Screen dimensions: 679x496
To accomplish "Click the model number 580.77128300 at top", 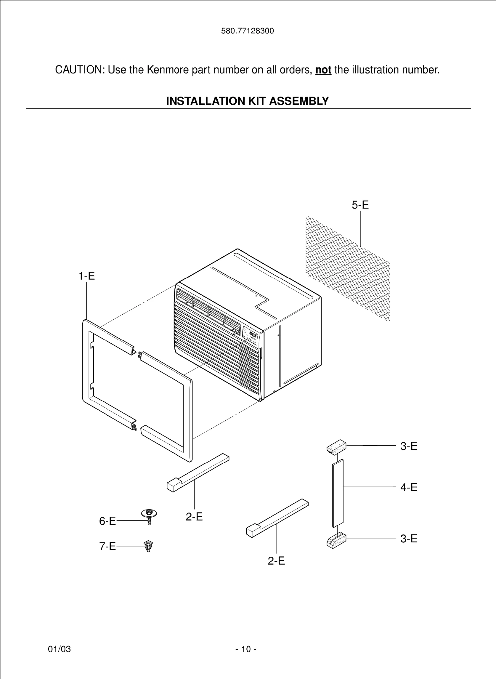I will (x=248, y=31).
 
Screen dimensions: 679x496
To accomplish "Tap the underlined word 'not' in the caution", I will (x=323, y=70).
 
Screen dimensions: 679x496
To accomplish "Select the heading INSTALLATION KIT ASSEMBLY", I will (x=247, y=101).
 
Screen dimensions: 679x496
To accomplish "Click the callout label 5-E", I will (x=360, y=205).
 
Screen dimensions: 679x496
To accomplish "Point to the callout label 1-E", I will (x=86, y=276).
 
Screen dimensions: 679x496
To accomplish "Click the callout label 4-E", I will (x=409, y=487).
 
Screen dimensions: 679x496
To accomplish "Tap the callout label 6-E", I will (x=107, y=521).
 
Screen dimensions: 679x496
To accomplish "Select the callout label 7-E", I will (x=107, y=546).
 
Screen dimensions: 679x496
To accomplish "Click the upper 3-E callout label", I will (x=409, y=446).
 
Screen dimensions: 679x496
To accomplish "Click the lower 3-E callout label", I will (x=409, y=539).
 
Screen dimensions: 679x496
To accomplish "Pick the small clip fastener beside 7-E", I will (x=148, y=546).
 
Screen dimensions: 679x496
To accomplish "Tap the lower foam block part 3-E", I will (x=336, y=540).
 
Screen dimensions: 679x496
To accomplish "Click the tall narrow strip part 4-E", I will (x=338, y=493).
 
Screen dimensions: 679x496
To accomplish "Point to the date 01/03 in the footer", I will (x=60, y=649).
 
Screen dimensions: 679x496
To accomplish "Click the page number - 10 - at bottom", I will (x=246, y=649).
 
